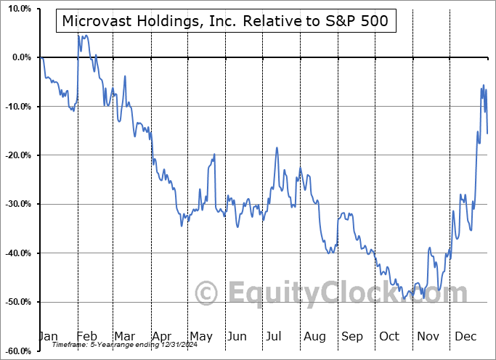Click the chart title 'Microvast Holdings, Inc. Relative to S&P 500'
click(x=226, y=22)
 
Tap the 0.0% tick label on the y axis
click(x=19, y=57)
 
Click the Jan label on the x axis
click(x=48, y=336)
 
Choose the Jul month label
click(x=275, y=336)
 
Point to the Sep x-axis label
click(x=352, y=336)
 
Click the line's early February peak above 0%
click(x=78, y=35)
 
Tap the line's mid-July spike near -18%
click(x=277, y=147)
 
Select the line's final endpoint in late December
click(x=487, y=134)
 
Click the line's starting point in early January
click(x=43, y=58)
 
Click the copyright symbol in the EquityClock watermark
click(x=207, y=294)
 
